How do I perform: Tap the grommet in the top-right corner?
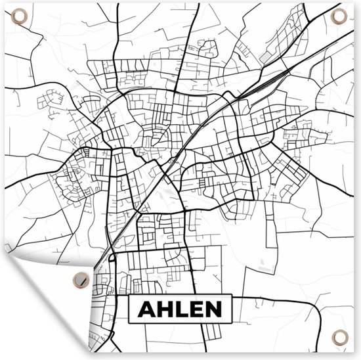338,16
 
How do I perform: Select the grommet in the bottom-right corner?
339,337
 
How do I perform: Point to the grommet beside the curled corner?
81,279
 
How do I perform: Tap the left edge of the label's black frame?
129,309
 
